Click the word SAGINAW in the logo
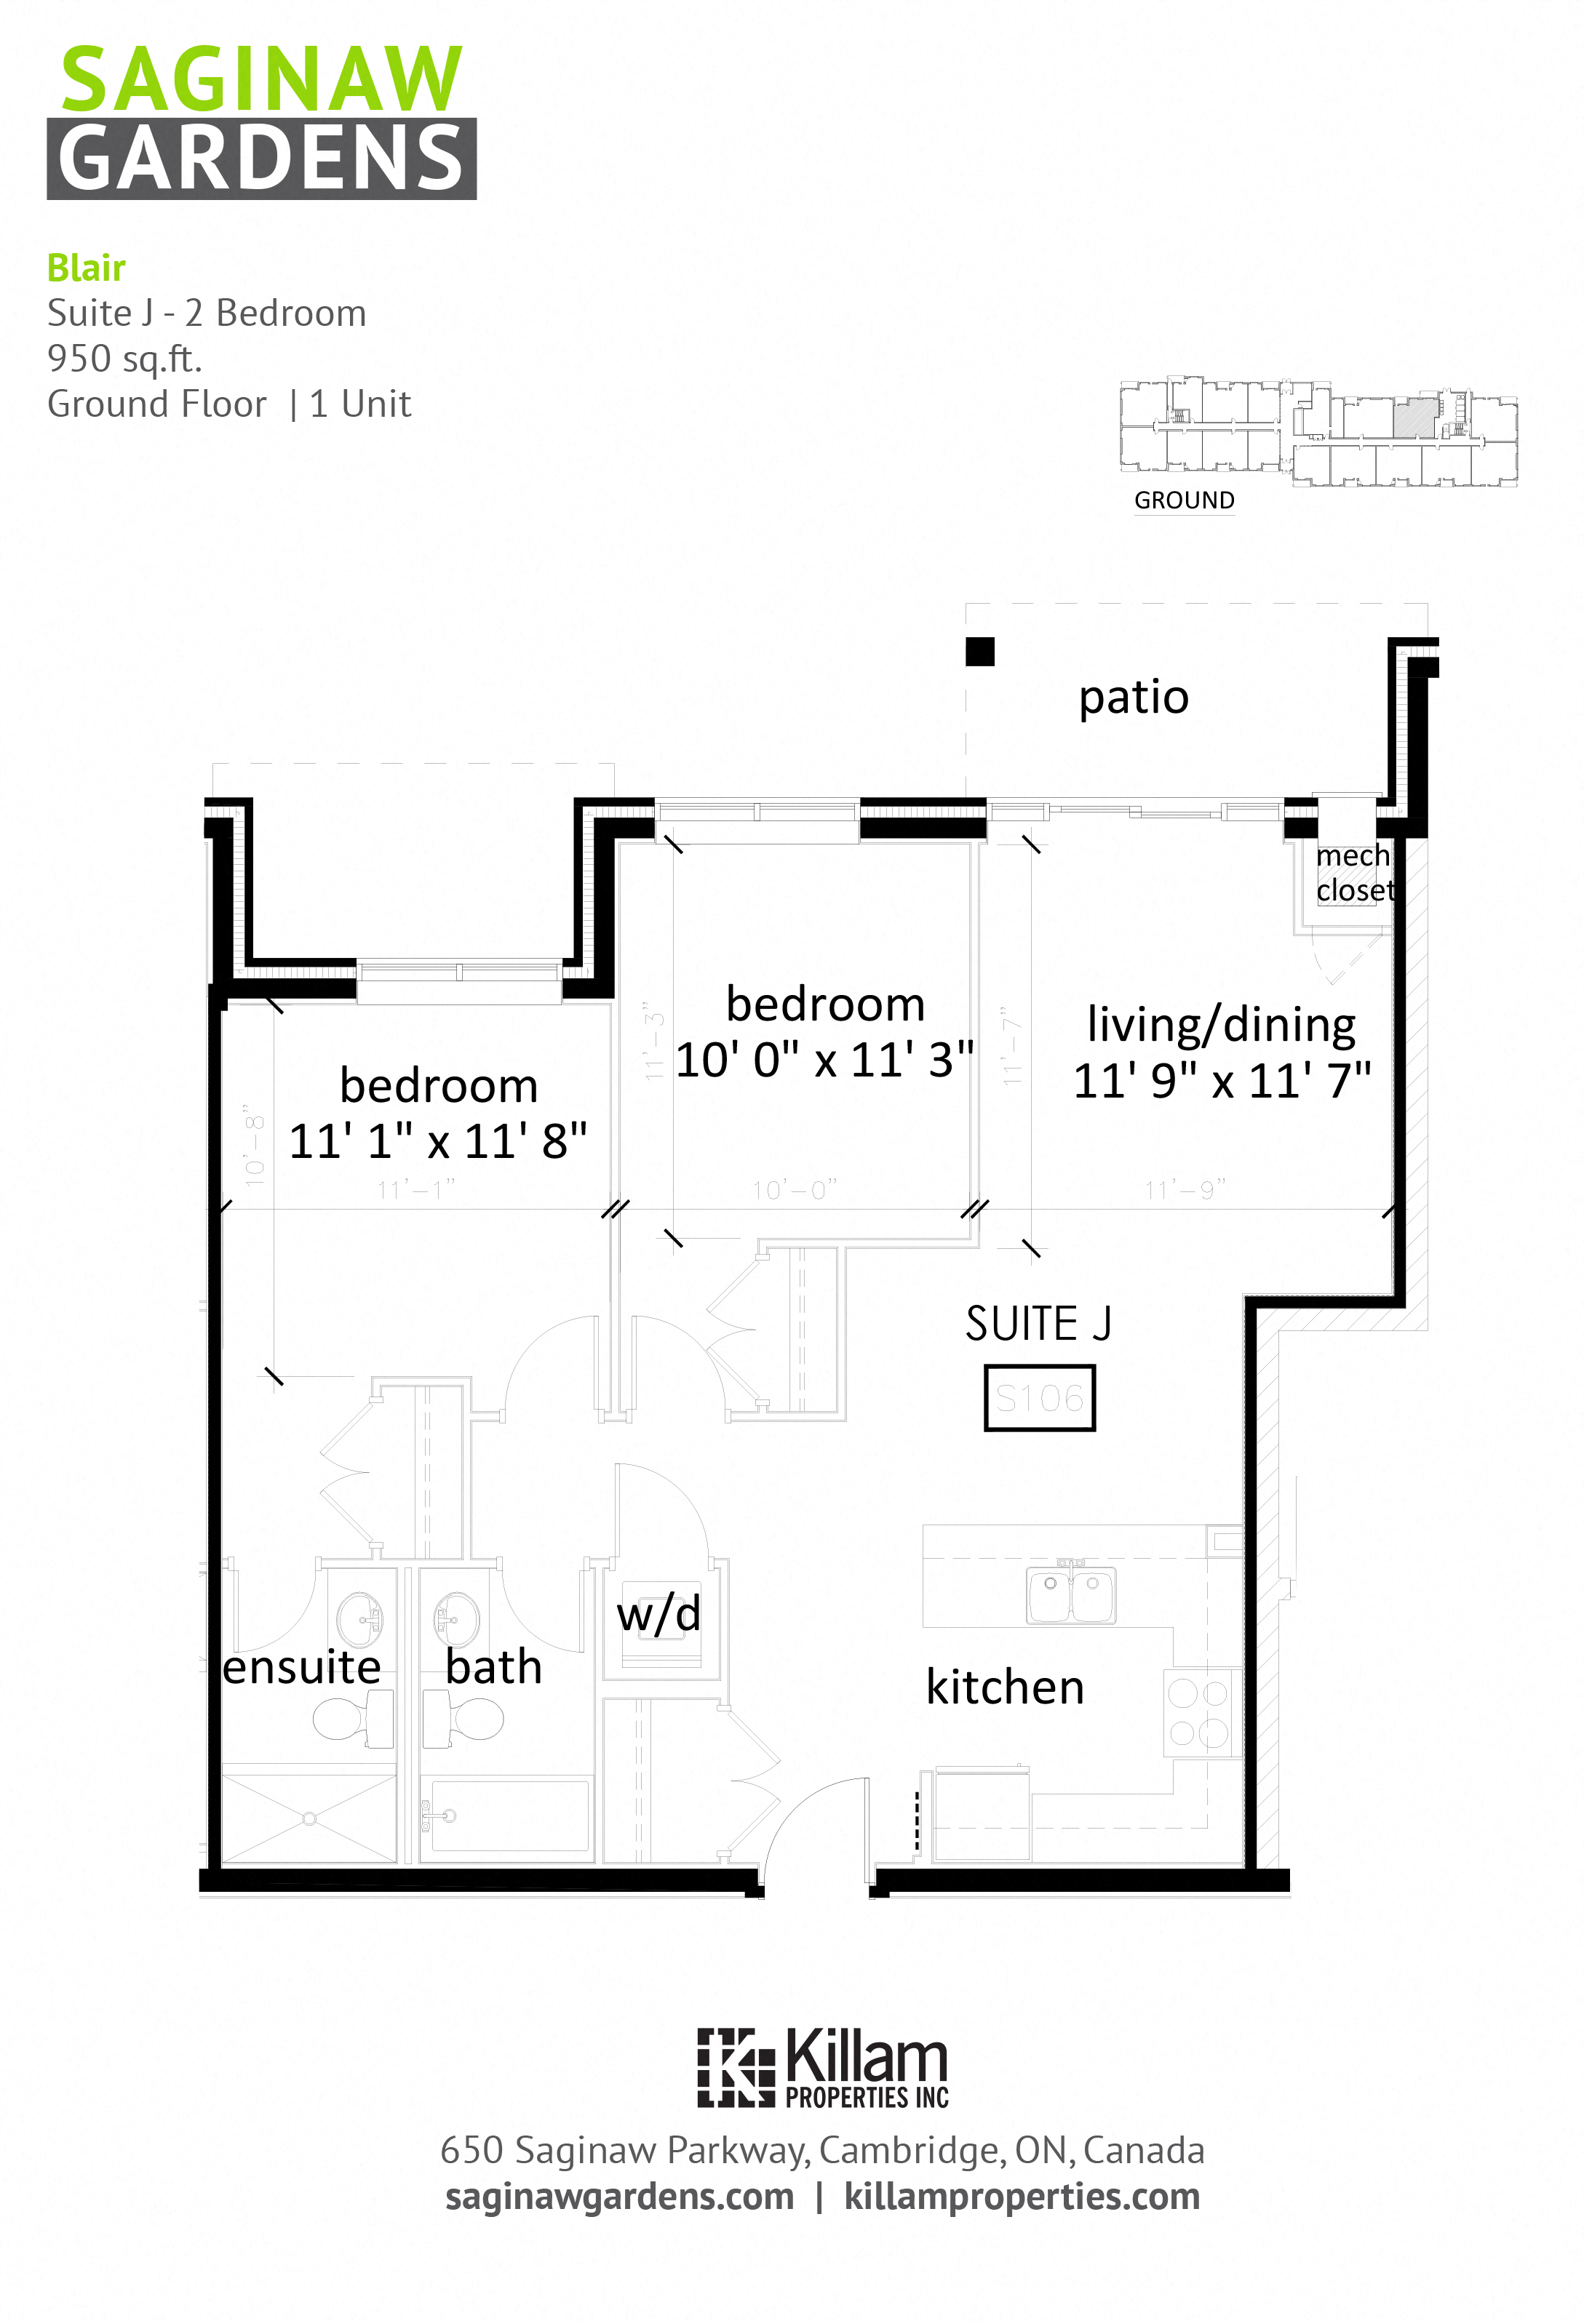[x=262, y=80]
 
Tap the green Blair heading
[x=86, y=268]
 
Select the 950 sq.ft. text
[x=125, y=358]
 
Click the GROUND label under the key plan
[x=1184, y=500]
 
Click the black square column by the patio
[x=980, y=651]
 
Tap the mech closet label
[x=1353, y=873]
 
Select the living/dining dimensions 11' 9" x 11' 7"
[x=1222, y=1081]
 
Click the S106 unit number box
[x=1039, y=1398]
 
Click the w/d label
[x=658, y=1615]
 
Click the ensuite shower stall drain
[x=310, y=1818]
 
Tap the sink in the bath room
[x=455, y=1618]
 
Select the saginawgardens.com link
[x=619, y=2197]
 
